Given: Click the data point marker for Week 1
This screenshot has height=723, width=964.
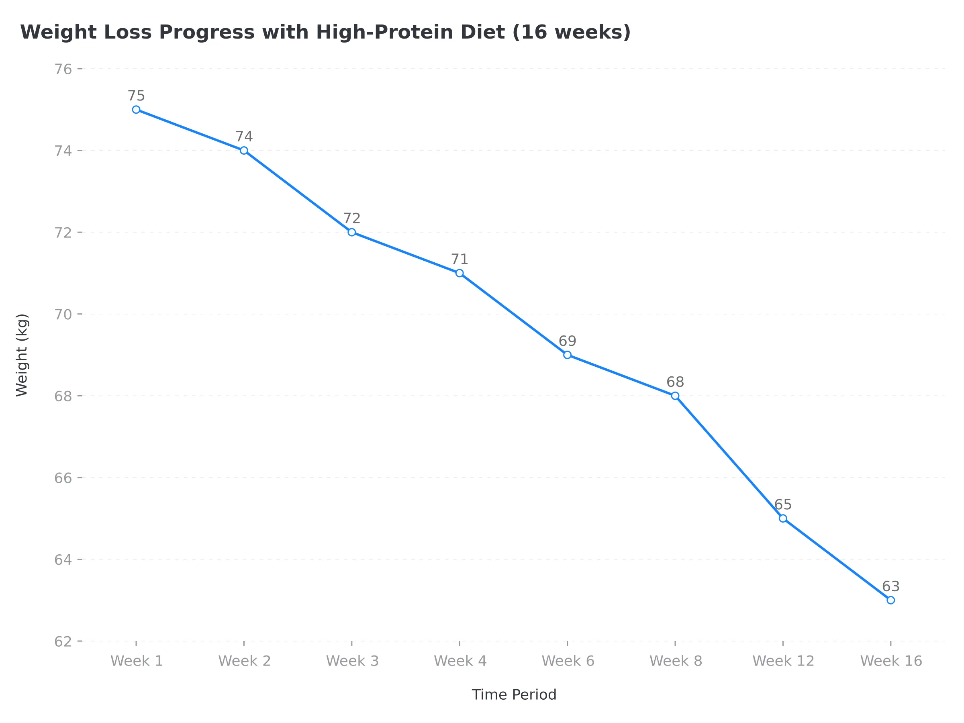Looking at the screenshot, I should [136, 109].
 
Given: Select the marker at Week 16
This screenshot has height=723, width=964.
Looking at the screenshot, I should [890, 600].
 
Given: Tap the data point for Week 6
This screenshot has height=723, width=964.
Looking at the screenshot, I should [567, 355].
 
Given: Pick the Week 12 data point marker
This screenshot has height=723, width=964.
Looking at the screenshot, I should [783, 518].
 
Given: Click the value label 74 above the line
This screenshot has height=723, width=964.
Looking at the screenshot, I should [244, 137].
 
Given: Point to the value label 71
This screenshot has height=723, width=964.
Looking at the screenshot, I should [460, 259].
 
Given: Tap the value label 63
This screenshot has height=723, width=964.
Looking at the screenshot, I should [891, 586].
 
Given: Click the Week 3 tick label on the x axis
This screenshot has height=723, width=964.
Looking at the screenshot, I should [352, 661].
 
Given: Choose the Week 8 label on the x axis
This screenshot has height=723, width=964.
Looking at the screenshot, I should [676, 661].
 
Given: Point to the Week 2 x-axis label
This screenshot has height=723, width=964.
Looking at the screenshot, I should [245, 661].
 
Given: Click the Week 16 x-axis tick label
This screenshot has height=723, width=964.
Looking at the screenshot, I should [891, 661].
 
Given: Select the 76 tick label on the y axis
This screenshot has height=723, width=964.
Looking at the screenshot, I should [63, 69].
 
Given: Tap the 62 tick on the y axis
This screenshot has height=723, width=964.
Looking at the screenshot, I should [63, 641].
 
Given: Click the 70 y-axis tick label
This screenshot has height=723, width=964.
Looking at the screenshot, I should [63, 314].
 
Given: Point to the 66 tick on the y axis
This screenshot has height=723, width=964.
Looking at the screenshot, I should [63, 478].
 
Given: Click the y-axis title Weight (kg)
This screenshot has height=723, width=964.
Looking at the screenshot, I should [22, 355].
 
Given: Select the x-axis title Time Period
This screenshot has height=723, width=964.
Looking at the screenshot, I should [514, 694].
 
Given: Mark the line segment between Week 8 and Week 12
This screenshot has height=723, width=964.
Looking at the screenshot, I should [729, 457].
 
